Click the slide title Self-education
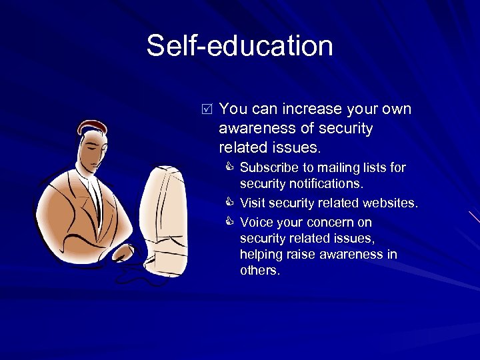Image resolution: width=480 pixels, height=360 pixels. [239, 46]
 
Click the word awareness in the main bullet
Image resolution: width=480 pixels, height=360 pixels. [256, 127]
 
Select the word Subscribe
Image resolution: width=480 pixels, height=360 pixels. [267, 167]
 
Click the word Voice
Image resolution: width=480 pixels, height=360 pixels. [255, 222]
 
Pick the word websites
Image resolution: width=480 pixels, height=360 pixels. [388, 203]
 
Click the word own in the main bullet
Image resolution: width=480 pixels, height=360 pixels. [395, 109]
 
